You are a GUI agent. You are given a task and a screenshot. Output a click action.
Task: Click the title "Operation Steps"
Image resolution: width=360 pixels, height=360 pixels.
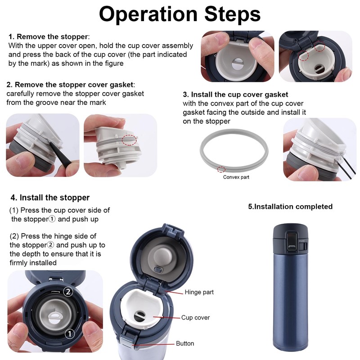tap(180, 14)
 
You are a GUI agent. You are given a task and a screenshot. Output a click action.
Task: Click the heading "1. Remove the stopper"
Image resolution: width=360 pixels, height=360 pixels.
tap(48, 37)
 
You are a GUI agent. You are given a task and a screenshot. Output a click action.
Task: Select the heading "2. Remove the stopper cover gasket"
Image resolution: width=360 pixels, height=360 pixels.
tap(70, 85)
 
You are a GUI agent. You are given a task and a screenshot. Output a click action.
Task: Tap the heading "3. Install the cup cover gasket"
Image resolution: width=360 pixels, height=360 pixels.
tap(235, 94)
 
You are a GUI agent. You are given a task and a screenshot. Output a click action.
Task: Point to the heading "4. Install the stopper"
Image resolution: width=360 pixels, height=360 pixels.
tap(50, 198)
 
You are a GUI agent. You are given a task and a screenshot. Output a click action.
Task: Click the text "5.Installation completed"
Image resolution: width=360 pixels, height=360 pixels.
tap(290, 207)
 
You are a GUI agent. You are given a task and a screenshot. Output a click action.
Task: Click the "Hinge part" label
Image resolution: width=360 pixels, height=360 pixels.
tap(199, 292)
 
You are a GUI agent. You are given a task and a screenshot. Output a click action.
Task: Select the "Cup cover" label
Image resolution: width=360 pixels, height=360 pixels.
tap(195, 318)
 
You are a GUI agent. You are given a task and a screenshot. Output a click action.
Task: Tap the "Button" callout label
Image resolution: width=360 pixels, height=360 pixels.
tap(185, 343)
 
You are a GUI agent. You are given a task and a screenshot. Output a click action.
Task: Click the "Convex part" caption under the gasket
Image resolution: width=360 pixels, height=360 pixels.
tap(236, 177)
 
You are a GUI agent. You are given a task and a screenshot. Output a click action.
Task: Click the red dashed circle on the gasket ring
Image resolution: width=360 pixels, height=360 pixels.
tap(221, 170)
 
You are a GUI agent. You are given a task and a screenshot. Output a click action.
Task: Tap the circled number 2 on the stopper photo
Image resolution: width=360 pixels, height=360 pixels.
tap(68, 292)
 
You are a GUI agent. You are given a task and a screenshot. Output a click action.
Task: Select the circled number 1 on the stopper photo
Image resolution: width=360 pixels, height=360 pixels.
tap(70, 333)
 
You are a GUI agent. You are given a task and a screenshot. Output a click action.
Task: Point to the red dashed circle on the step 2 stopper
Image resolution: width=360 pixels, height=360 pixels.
tap(129, 140)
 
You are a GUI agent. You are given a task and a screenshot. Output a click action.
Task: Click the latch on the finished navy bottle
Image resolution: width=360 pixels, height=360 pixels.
tap(292, 242)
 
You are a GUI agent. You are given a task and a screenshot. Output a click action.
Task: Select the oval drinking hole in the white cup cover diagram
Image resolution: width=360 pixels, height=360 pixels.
tap(140, 316)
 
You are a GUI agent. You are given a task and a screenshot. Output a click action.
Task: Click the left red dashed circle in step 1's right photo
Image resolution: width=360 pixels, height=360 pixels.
tap(303, 55)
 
